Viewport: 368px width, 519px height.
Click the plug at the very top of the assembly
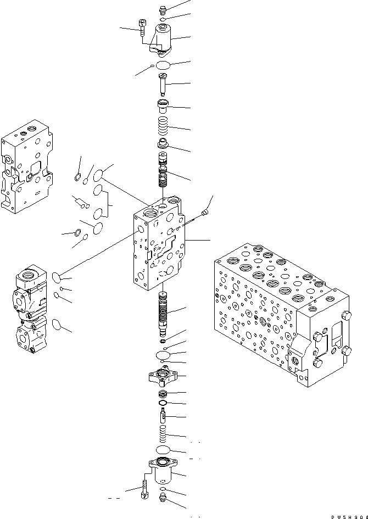(163, 10)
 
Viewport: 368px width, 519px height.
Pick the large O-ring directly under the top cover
(163, 66)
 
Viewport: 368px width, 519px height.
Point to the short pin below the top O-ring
(163, 85)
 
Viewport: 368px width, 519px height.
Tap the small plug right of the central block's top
(205, 211)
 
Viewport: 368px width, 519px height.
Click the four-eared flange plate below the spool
(163, 378)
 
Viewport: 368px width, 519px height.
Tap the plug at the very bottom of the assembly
(163, 499)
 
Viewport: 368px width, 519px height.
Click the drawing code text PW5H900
(348, 516)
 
